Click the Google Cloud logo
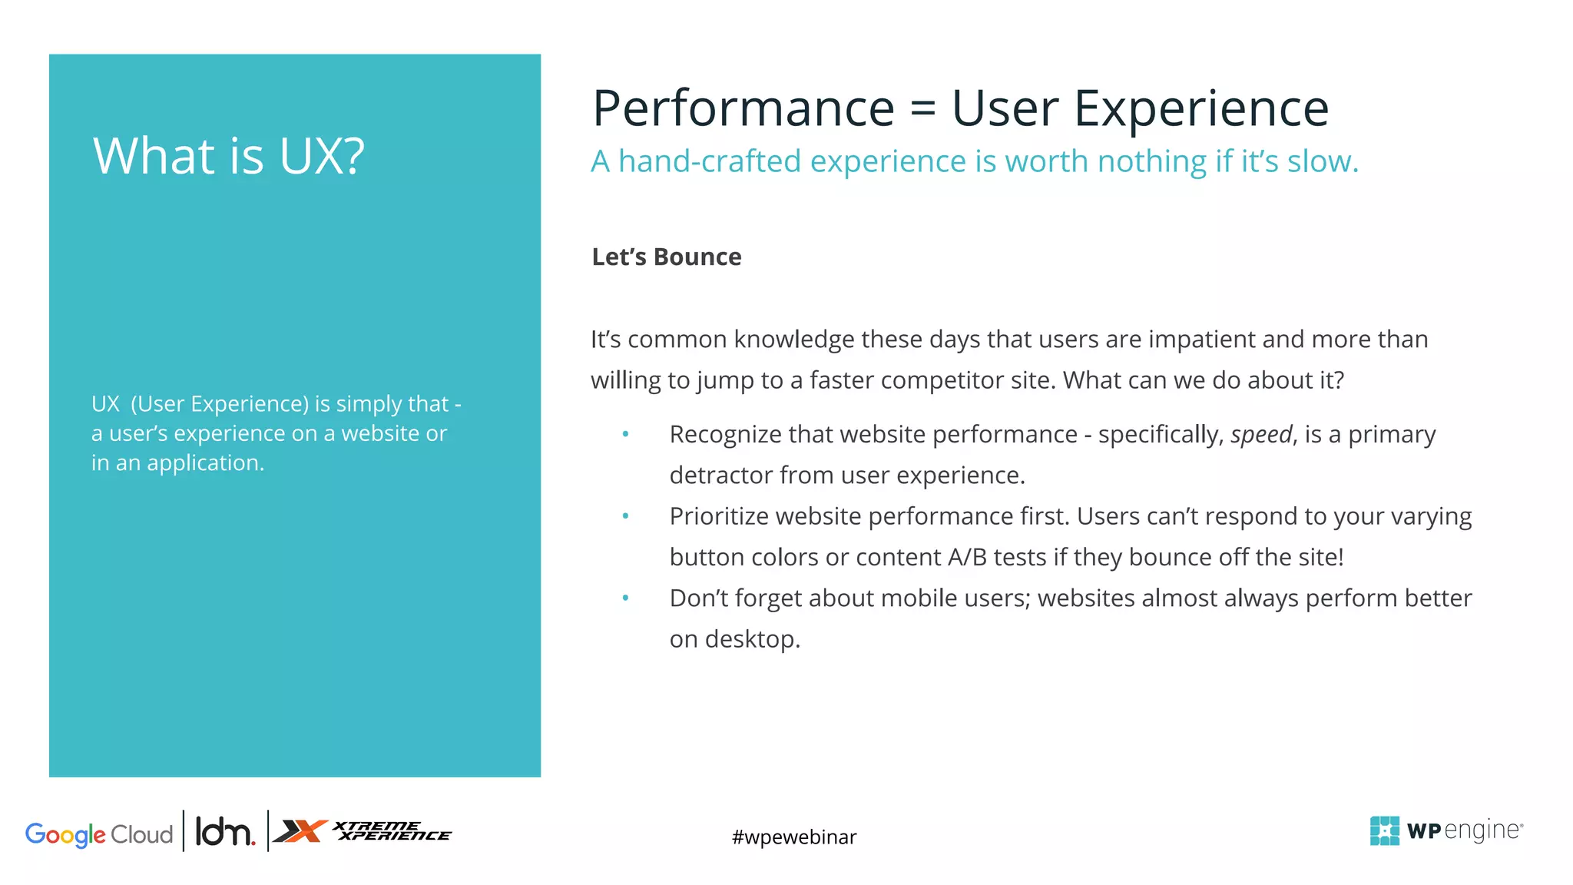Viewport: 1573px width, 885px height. pyautogui.click(x=99, y=834)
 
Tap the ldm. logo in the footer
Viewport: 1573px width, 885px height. pyautogui.click(x=224, y=832)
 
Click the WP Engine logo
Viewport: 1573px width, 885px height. pyautogui.click(x=1446, y=830)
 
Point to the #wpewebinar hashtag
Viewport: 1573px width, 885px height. pyautogui.click(x=793, y=837)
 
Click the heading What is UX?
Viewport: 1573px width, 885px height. pyautogui.click(x=228, y=156)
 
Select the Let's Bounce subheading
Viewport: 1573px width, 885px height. pyautogui.click(x=666, y=257)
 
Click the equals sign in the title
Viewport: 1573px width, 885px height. pyautogui.click(x=922, y=108)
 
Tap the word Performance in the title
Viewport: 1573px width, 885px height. pyautogui.click(x=743, y=108)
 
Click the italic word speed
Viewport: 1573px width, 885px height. pyautogui.click(x=1261, y=435)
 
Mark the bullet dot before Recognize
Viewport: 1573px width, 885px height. pyautogui.click(x=625, y=435)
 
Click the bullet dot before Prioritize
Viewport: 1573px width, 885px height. pyautogui.click(x=625, y=516)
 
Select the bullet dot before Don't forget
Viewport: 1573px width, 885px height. pyautogui.click(x=625, y=598)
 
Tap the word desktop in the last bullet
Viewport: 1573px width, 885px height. pyautogui.click(x=752, y=639)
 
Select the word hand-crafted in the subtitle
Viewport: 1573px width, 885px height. pyautogui.click(x=710, y=161)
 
